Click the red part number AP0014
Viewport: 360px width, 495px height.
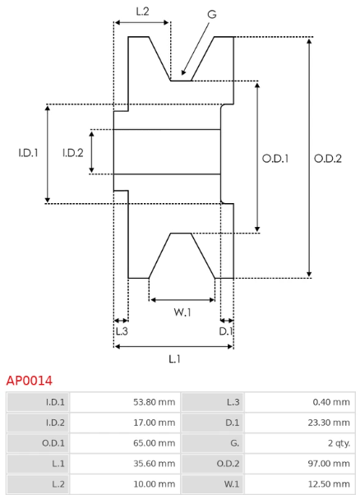click(29, 381)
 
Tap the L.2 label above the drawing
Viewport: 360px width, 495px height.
click(142, 12)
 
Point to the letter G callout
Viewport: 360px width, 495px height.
click(212, 14)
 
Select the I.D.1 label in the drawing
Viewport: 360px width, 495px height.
click(28, 153)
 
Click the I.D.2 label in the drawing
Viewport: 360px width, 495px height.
click(73, 153)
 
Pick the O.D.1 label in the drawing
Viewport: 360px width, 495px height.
click(275, 159)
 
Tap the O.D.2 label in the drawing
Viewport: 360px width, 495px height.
click(328, 159)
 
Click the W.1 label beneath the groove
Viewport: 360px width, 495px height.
click(182, 312)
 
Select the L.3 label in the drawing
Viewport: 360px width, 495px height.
click(122, 331)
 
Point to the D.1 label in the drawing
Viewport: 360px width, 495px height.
click(226, 331)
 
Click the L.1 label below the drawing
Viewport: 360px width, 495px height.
click(174, 359)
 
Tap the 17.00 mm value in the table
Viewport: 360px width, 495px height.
click(154, 423)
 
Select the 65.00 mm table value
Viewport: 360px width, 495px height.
click(154, 443)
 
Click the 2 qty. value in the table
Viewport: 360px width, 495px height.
click(339, 443)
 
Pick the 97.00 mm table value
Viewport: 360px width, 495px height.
click(329, 464)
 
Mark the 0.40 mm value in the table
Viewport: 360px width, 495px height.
click(331, 402)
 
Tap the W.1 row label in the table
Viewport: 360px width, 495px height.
click(232, 484)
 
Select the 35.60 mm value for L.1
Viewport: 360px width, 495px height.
click(154, 464)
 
